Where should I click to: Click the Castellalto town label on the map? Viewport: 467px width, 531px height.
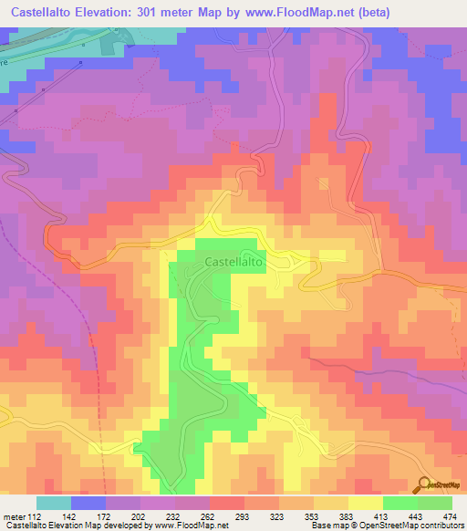(x=235, y=261)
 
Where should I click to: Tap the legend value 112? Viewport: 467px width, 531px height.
(x=33, y=516)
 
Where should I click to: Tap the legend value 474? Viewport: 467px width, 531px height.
(x=449, y=516)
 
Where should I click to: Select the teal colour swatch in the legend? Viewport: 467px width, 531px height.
(x=54, y=503)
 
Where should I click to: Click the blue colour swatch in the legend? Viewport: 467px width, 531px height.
(x=88, y=503)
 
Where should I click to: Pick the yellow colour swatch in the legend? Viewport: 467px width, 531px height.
(x=366, y=503)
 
